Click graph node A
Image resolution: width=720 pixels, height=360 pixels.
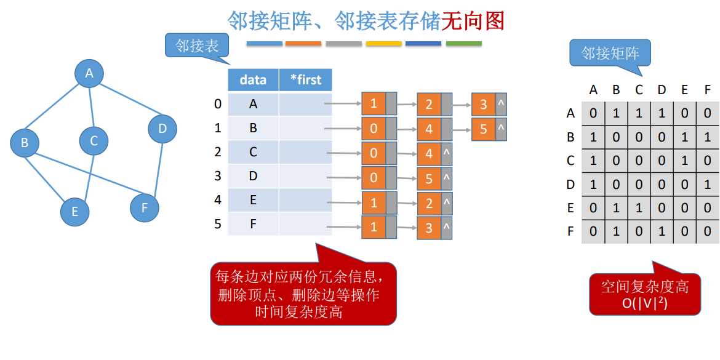point(89,74)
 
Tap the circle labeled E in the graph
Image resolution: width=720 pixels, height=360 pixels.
point(74,212)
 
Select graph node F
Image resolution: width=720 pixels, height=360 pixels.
point(145,207)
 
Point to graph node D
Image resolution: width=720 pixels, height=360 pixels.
point(162,129)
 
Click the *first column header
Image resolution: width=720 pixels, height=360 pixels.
point(305,80)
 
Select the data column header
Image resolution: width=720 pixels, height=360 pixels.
point(253,80)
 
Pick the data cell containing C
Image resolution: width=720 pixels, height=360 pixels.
point(253,152)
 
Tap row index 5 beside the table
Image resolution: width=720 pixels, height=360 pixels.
point(217,224)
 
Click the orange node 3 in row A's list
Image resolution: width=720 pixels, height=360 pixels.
point(484,105)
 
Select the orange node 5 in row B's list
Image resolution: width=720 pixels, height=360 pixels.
point(484,130)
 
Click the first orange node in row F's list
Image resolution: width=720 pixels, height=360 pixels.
point(374,227)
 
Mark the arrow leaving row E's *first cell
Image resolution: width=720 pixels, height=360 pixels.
point(344,202)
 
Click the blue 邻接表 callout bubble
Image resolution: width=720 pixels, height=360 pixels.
point(197,46)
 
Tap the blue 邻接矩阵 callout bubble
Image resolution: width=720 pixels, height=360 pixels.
point(610,54)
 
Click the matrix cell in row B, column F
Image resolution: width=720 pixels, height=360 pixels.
point(707,137)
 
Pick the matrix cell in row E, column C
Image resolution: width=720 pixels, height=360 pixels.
point(639,208)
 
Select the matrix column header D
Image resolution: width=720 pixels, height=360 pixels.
point(662,90)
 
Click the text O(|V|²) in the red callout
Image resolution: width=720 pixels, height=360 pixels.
point(645,303)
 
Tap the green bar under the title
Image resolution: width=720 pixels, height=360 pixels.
point(463,44)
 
